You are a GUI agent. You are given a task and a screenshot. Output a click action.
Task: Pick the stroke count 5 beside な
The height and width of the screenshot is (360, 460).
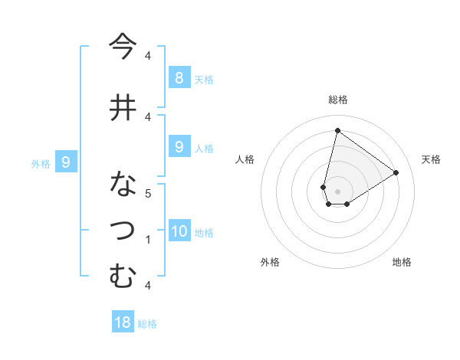pyautogui.click(x=149, y=193)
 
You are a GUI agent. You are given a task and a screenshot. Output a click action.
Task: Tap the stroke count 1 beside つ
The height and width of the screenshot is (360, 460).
pyautogui.click(x=149, y=240)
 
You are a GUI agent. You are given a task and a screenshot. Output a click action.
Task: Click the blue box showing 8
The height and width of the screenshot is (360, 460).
pyautogui.click(x=179, y=77)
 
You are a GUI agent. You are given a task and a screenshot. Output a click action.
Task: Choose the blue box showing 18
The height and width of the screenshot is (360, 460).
pyautogui.click(x=123, y=322)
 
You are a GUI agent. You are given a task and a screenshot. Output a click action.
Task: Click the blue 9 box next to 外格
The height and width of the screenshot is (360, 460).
pyautogui.click(x=67, y=162)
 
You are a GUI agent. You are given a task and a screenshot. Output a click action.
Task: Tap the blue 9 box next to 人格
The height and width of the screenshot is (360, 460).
pyautogui.click(x=179, y=147)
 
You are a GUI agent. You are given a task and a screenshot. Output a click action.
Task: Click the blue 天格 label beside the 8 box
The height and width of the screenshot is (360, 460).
pyautogui.click(x=204, y=79)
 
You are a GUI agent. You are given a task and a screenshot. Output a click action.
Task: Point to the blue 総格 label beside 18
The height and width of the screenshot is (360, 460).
pyautogui.click(x=147, y=323)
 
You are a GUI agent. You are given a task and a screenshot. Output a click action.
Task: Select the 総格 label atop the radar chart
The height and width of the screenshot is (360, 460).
pyautogui.click(x=338, y=100)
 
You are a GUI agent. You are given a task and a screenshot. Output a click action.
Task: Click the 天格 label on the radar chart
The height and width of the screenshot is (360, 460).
pyautogui.click(x=431, y=159)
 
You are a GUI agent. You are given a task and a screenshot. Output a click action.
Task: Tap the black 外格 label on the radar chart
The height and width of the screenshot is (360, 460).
pyautogui.click(x=270, y=262)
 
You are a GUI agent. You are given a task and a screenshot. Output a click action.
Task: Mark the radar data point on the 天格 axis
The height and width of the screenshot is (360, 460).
pyautogui.click(x=396, y=173)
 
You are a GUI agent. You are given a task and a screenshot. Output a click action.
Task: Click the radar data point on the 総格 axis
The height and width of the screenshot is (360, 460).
pyautogui.click(x=337, y=131)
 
